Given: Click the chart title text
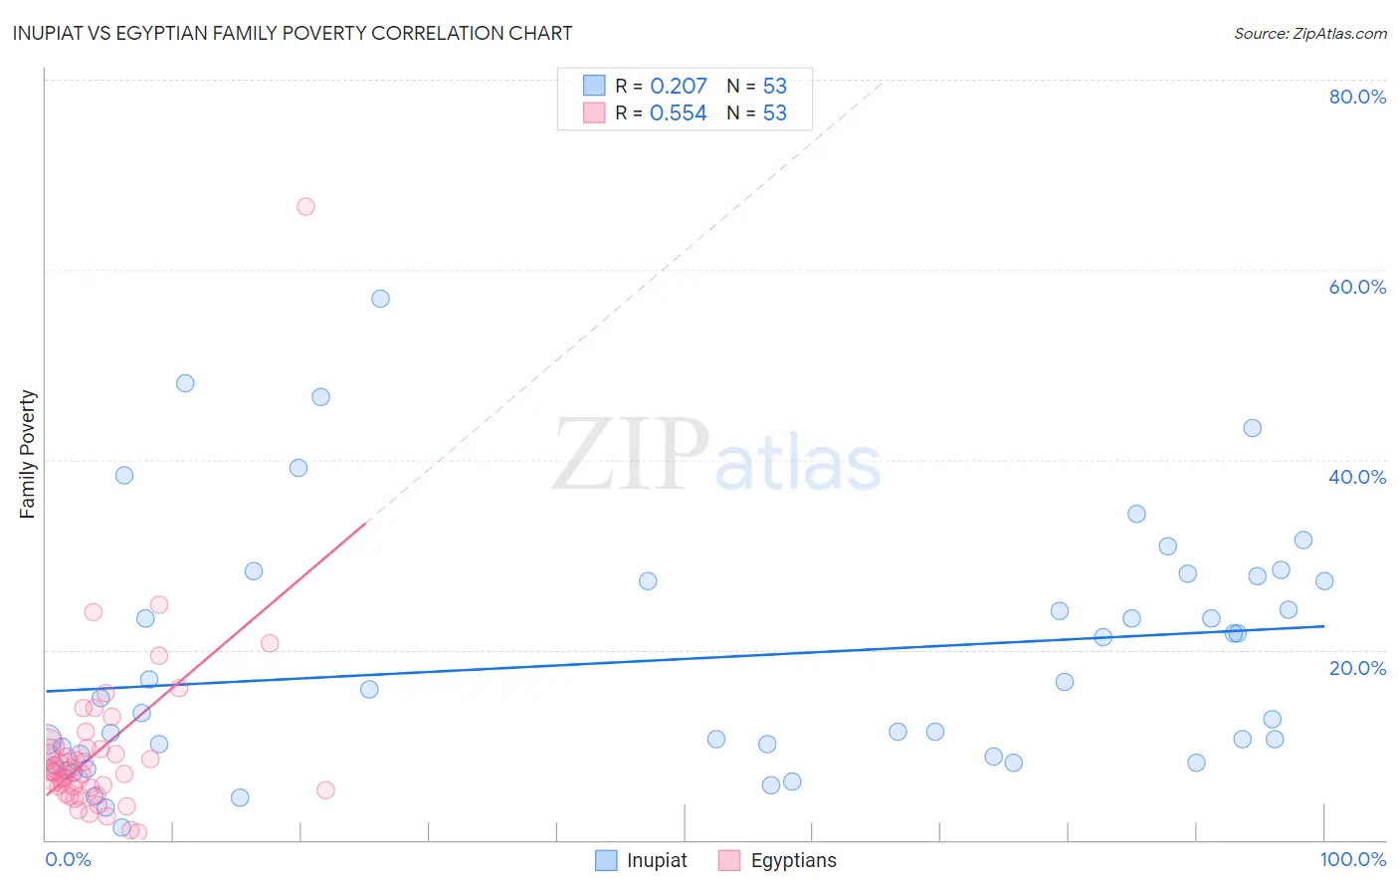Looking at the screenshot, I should pos(293,33).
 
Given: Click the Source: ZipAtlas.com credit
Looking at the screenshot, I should pos(1309,33).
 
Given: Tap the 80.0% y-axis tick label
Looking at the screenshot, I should pos(1357,97).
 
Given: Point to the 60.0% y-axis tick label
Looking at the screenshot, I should pos(1357,287).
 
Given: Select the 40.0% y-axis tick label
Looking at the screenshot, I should pos(1357,477).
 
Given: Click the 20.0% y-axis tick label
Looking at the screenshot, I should pos(1357,667).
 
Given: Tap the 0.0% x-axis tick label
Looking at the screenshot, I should pos(68,859).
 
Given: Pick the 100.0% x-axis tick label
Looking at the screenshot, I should pos(1352,859).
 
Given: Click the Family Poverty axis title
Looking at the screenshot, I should pos(28,454).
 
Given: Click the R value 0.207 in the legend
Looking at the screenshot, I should pos(678,86).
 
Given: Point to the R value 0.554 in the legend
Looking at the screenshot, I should pos(678,113).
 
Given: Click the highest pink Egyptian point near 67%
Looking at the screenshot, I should pos(305,206).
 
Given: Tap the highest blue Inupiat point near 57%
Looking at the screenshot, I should pos(380,299).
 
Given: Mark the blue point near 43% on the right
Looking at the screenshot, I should pos(1252,428).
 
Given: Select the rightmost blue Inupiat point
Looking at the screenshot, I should pos(1323,581).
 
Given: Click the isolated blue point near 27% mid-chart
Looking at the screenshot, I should pos(648,581).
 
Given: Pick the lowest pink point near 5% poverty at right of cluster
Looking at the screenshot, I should pos(325,790).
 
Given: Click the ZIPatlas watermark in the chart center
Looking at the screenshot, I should pos(716,456).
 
